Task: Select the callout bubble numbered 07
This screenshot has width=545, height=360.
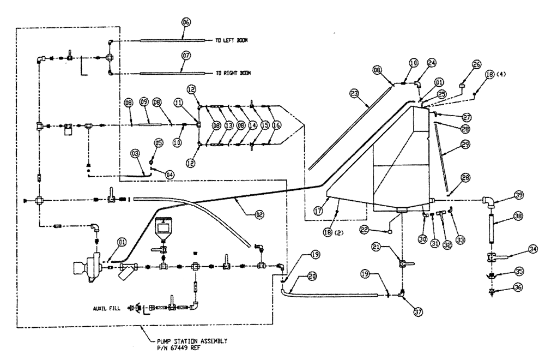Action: click(x=185, y=55)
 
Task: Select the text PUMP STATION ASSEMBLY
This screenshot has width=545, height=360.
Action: click(x=187, y=340)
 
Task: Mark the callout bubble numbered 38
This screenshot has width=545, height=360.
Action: click(x=519, y=215)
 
